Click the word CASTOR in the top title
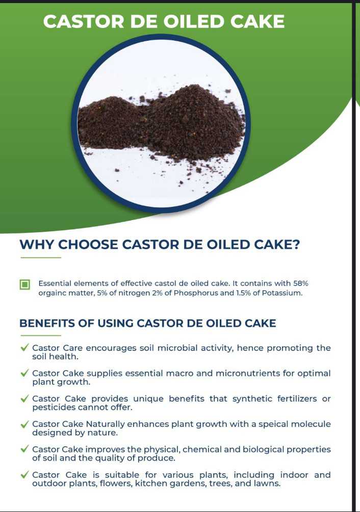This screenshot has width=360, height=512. (x=84, y=21)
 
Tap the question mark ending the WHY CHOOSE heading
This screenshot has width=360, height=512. (x=295, y=244)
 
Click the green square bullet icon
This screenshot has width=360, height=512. (x=25, y=284)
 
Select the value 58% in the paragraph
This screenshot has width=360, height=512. (x=300, y=283)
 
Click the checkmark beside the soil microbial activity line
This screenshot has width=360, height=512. (x=24, y=347)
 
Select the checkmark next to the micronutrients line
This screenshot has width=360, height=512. (x=24, y=373)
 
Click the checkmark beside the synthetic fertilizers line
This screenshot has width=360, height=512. (x=24, y=398)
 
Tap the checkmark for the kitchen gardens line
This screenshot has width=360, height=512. (x=24, y=475)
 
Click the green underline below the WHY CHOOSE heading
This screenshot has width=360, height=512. (x=40, y=258)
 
